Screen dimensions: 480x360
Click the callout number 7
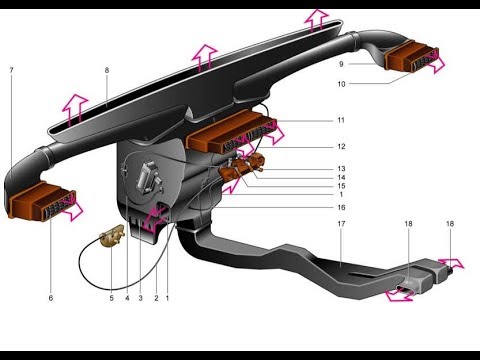tap(11, 70)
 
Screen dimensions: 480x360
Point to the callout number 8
tap(107, 70)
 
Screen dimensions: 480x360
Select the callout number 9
tap(341, 64)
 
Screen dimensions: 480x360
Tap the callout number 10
tap(341, 84)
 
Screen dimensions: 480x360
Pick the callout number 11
tap(341, 120)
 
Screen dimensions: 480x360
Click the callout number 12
tap(341, 147)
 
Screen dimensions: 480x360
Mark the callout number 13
tap(341, 169)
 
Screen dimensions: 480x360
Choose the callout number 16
tap(341, 208)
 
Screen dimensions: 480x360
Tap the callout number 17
tap(341, 224)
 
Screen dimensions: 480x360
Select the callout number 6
tap(51, 298)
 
